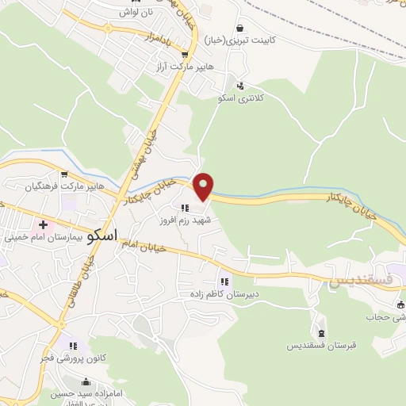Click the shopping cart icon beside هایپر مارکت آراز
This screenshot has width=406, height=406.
pyautogui.click(x=184, y=56)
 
